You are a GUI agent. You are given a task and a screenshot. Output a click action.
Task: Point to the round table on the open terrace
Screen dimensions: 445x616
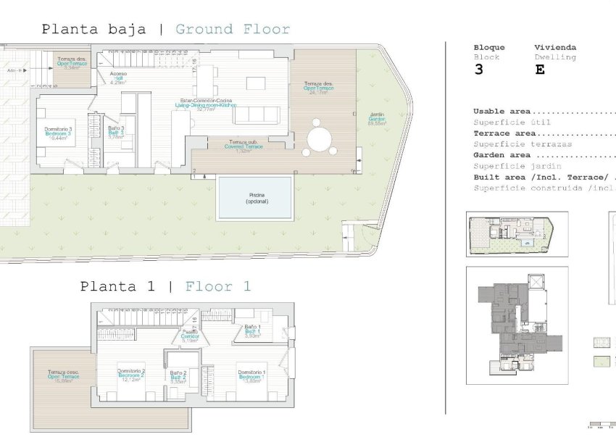click(318, 138)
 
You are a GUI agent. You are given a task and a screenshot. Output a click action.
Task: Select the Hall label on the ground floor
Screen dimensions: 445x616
click(118, 78)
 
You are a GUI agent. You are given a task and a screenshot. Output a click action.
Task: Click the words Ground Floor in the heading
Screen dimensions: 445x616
click(233, 30)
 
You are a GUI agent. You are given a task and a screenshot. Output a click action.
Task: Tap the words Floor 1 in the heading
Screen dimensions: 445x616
click(217, 286)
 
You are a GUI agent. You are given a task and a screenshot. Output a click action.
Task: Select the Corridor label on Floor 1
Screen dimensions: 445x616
click(191, 337)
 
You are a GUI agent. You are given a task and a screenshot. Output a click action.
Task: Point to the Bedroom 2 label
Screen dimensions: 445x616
click(131, 375)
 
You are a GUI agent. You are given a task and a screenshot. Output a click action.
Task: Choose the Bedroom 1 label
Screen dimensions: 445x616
click(251, 376)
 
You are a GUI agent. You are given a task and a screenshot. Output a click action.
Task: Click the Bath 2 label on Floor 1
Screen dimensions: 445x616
click(179, 377)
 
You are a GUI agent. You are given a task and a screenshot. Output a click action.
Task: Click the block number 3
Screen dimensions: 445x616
click(478, 70)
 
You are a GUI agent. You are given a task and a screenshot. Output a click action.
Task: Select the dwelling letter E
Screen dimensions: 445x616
click(539, 70)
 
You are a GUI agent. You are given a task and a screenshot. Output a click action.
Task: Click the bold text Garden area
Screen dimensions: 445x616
click(504, 155)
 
